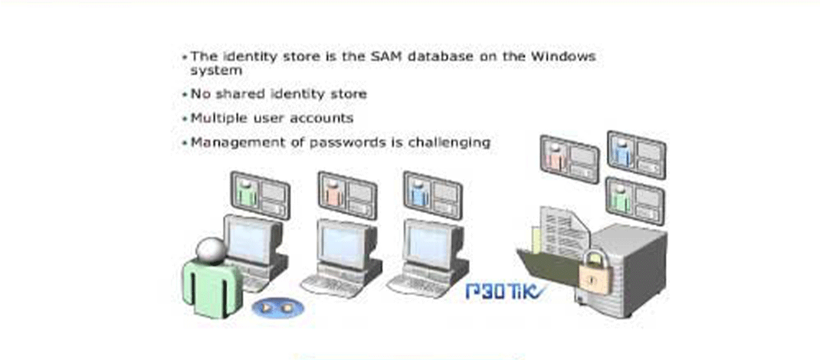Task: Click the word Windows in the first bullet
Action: click(563, 57)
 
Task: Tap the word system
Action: click(216, 70)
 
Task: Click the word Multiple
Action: click(218, 119)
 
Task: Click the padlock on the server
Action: click(594, 272)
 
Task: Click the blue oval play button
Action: click(277, 308)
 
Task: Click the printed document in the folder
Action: click(563, 233)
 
